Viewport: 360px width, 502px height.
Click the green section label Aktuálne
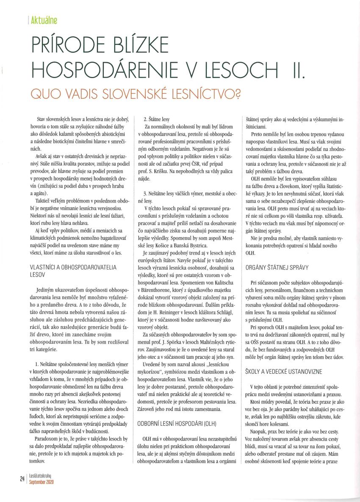coord(44,19)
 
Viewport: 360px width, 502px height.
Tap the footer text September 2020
coord(41,482)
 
